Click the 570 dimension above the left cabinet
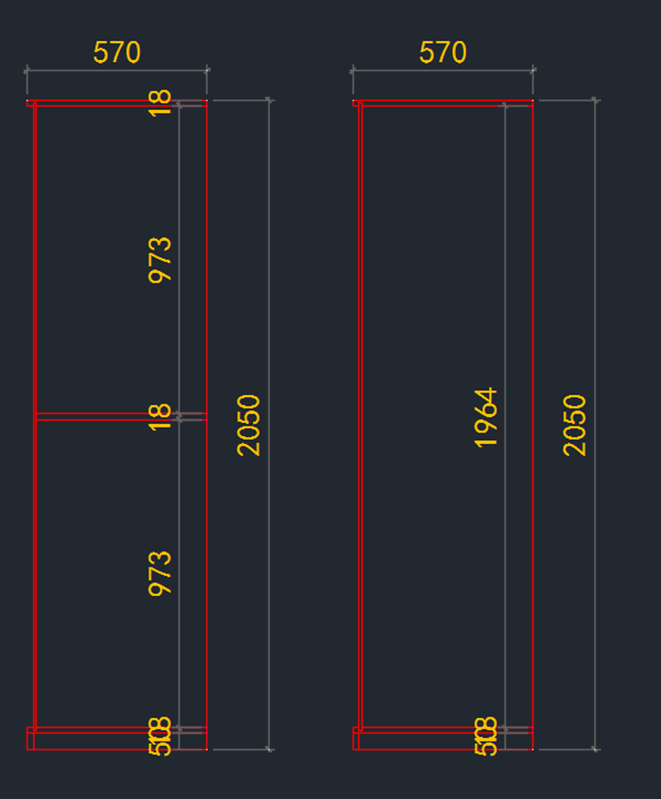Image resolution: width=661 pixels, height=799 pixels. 117,53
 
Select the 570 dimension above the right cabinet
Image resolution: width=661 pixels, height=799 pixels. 443,53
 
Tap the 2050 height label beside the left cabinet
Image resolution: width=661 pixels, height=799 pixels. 248,425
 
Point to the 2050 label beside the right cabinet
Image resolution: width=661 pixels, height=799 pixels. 575,425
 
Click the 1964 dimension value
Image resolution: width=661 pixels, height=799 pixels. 486,418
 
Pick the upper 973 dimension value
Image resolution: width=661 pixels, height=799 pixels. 160,260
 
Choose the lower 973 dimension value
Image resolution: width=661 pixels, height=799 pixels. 160,574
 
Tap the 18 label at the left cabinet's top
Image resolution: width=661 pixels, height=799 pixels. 160,103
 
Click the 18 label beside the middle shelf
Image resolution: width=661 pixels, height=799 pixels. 160,417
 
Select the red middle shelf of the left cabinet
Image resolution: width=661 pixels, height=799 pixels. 110,417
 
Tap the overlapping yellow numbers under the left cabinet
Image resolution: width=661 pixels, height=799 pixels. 160,736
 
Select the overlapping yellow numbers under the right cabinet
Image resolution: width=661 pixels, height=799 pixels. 486,736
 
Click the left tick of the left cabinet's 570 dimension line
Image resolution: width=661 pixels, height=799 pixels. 26,71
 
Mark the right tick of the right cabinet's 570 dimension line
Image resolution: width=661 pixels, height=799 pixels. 533,71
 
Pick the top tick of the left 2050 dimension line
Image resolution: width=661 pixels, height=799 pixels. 269,100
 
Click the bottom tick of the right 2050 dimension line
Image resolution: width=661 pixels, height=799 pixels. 595,749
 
